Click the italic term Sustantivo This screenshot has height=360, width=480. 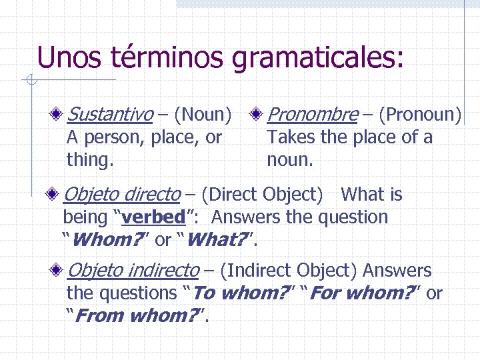110,115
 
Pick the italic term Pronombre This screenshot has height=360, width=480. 312,115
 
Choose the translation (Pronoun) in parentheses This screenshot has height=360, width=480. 419,115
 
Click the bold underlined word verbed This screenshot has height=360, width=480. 153,217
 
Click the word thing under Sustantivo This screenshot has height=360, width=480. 89,161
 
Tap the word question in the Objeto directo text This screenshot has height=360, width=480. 353,217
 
